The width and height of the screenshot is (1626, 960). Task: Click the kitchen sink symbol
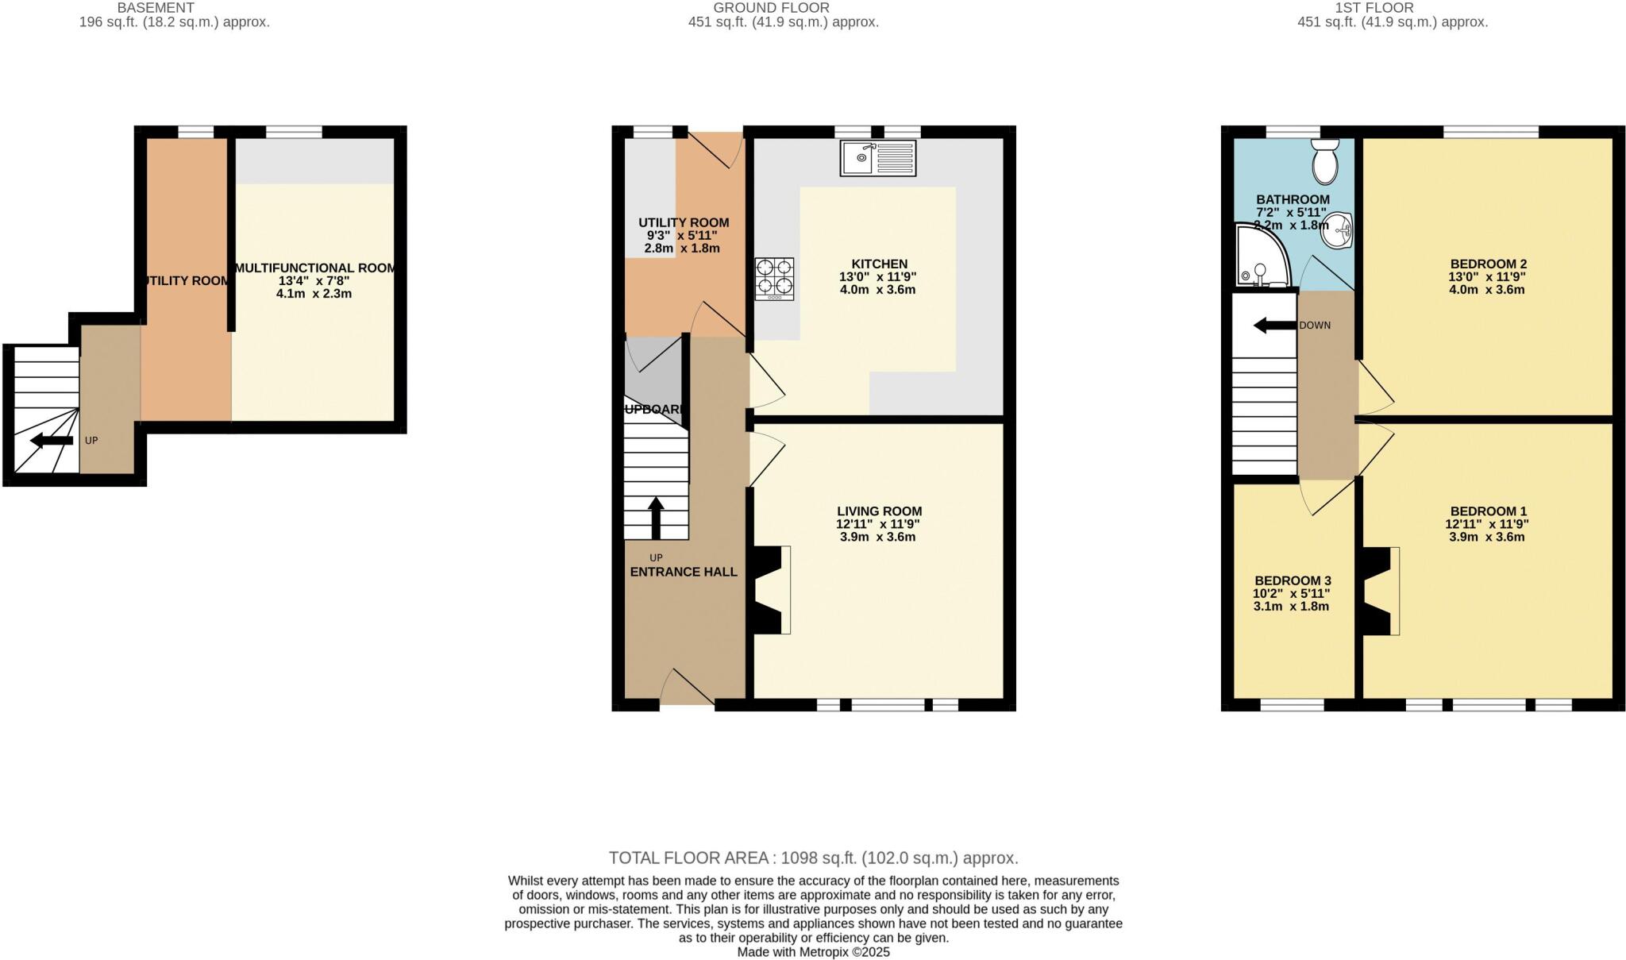(877, 158)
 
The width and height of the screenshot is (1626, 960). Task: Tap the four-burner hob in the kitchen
(774, 278)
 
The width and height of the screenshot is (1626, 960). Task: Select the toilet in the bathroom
(1325, 162)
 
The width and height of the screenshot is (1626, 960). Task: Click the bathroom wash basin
(1339, 230)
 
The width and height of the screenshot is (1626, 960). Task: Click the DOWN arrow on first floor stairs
(1274, 326)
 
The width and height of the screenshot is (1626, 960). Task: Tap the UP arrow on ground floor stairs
(656, 518)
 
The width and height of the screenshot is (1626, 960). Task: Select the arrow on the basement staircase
(51, 441)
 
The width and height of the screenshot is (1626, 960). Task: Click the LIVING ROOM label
(879, 511)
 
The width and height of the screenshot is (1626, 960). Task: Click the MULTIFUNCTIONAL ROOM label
(315, 268)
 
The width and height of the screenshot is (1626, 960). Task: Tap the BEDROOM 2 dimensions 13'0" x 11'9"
(1487, 277)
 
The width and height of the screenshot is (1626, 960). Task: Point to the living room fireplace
(770, 590)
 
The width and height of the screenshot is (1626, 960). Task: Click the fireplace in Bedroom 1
(1380, 591)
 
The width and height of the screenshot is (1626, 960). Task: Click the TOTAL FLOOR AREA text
(813, 858)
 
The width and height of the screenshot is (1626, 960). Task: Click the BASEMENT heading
(156, 8)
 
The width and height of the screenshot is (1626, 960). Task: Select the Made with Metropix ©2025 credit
(813, 951)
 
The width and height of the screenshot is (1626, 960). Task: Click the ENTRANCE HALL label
(683, 572)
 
